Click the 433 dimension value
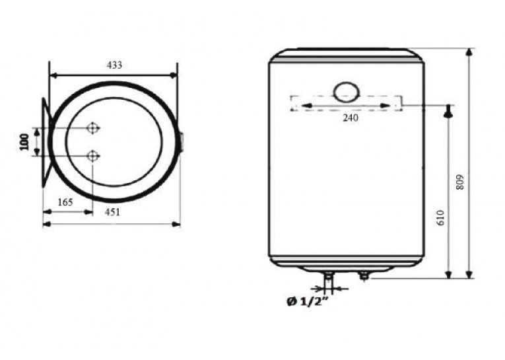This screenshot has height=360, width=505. point(114,65)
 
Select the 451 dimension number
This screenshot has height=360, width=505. point(112,212)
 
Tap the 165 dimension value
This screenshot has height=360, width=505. point(65,202)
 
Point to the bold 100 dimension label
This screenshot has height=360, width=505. point(24,142)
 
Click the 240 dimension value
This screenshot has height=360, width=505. point(350,118)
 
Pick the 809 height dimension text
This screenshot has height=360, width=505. point(460,182)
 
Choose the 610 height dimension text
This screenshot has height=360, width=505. point(440,217)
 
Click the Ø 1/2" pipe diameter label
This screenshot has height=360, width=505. point(308,301)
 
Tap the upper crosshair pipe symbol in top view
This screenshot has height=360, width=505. point(93,128)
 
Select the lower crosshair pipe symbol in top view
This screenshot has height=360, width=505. point(93,157)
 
